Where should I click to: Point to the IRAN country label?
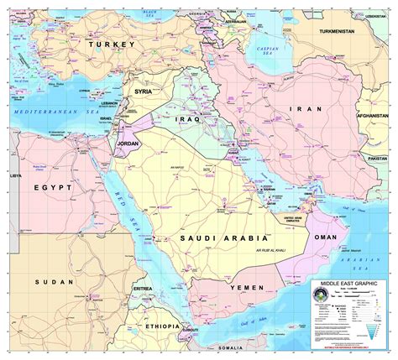click(x=300, y=109)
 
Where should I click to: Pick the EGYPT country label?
click(x=52, y=191)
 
